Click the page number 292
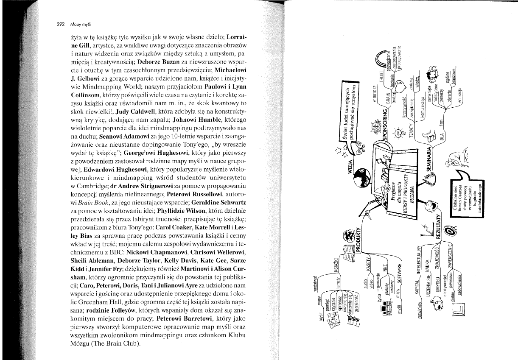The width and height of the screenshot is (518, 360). click(63, 24)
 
